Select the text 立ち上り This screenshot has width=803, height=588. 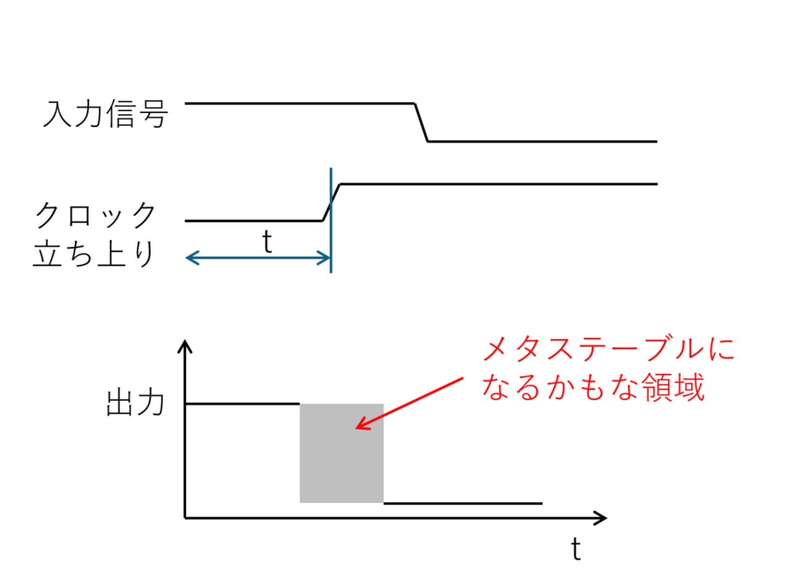[94, 254]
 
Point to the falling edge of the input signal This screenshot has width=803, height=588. [421, 122]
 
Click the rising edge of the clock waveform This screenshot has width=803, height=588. [331, 202]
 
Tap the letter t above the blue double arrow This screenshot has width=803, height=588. [267, 242]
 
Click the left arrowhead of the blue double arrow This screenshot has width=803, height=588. [189, 258]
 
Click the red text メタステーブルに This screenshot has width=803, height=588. [608, 350]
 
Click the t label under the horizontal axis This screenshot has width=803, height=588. [576, 548]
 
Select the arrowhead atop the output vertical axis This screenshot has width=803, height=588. [185, 346]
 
